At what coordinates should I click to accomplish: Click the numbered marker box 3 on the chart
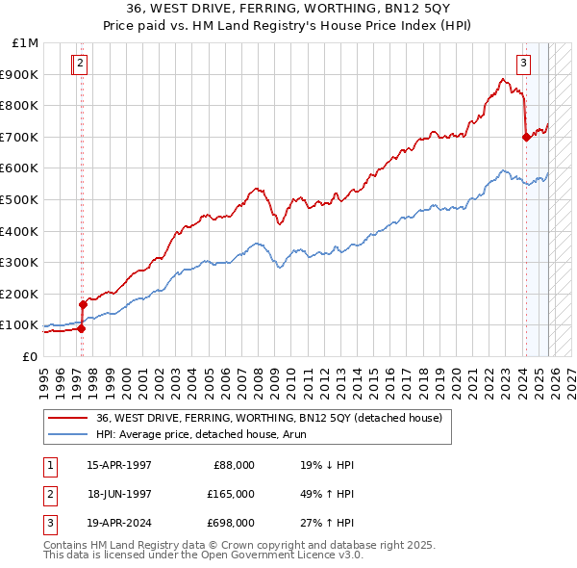point(524,65)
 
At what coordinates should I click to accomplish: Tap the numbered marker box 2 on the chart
point(80,65)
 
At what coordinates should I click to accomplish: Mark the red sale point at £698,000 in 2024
point(526,137)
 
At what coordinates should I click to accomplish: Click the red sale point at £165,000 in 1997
point(83,304)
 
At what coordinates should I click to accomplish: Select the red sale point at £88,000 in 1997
point(81,328)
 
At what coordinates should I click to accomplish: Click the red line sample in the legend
point(67,418)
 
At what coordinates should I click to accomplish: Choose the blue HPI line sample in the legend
point(67,434)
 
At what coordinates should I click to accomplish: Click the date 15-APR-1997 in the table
point(119,465)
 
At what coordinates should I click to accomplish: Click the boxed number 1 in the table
point(47,465)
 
